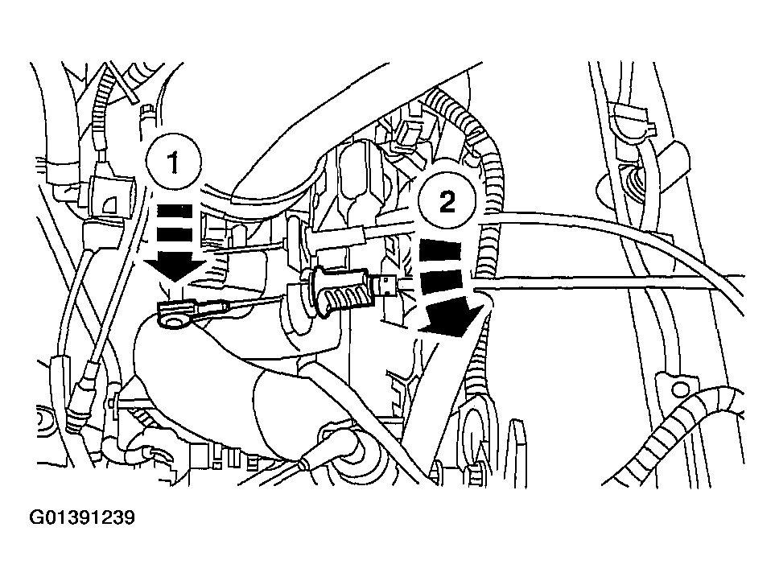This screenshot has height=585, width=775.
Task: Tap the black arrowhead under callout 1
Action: click(174, 267)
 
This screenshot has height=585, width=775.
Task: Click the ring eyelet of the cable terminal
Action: click(171, 322)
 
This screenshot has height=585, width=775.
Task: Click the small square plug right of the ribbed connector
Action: click(385, 286)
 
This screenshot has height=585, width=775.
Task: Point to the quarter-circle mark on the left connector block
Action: click(109, 204)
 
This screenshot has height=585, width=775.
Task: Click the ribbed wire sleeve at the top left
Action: click(101, 113)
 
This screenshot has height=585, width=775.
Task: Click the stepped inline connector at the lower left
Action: click(79, 395)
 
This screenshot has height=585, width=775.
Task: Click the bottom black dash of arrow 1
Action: click(174, 235)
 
